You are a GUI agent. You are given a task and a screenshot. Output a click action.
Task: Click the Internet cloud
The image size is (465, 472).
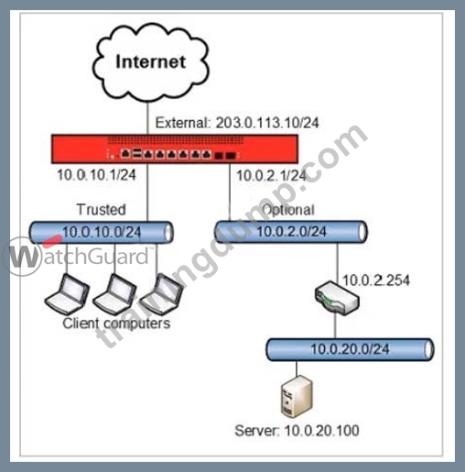click(x=151, y=62)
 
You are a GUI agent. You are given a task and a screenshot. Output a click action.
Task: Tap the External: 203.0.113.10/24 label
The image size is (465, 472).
click(x=237, y=123)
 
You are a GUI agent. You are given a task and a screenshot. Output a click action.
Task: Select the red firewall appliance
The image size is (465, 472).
click(x=175, y=148)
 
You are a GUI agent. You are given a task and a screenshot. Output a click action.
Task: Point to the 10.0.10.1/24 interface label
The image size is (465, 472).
click(x=96, y=175)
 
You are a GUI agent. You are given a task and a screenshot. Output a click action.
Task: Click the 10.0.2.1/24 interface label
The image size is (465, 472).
click(x=271, y=176)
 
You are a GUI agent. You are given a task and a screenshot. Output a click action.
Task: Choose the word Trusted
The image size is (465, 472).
click(x=102, y=210)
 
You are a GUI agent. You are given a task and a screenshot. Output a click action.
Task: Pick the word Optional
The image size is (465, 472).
click(x=288, y=210)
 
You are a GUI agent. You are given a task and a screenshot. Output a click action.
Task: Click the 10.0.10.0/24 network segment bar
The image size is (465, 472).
click(x=102, y=232)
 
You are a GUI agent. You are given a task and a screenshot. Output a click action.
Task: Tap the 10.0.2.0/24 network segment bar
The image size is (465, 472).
click(x=291, y=232)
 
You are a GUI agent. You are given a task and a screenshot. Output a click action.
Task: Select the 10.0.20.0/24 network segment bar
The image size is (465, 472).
click(x=350, y=349)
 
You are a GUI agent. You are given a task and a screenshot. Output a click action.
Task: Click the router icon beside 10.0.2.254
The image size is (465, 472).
click(x=337, y=299)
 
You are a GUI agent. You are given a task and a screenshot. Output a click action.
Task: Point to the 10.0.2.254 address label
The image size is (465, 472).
click(x=376, y=280)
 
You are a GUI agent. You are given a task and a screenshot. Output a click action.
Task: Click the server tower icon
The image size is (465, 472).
click(x=297, y=397)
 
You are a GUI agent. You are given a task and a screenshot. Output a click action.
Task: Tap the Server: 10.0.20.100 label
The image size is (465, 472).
click(x=297, y=431)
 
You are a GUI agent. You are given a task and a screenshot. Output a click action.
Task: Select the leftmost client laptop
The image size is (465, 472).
click(x=67, y=294)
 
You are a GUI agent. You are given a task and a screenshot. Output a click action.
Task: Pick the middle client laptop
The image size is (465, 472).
click(x=114, y=294)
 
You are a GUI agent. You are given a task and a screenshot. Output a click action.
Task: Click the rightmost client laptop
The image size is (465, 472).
click(x=161, y=294)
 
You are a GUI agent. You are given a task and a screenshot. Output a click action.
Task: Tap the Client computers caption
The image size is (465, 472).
click(x=116, y=324)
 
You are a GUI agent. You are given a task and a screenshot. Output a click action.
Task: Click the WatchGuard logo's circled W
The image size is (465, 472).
click(x=21, y=257)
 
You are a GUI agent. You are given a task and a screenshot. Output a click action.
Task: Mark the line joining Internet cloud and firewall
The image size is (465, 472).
click(x=147, y=118)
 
